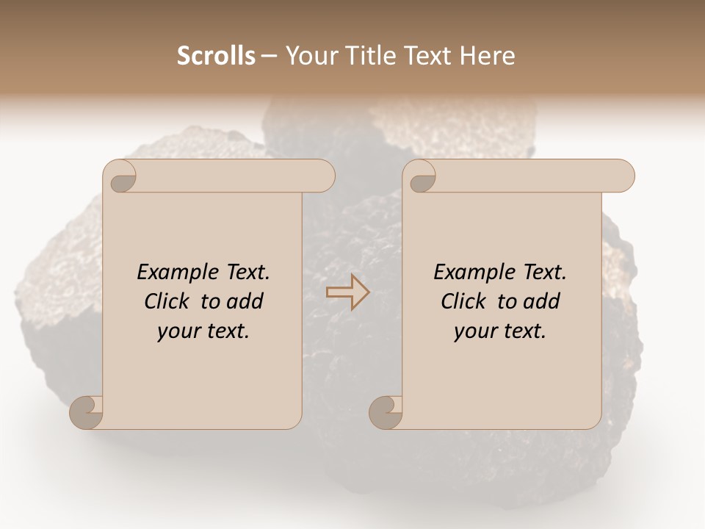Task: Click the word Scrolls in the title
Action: pyautogui.click(x=217, y=56)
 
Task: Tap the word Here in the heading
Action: pyautogui.click(x=488, y=56)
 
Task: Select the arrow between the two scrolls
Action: pyautogui.click(x=348, y=292)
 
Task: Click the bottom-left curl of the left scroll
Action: pyautogui.click(x=86, y=412)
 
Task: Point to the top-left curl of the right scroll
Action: pyautogui.click(x=421, y=177)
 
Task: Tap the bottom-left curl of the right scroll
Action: pyautogui.click(x=385, y=412)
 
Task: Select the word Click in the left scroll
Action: pyautogui.click(x=169, y=301)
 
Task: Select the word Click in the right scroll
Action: pyautogui.click(x=464, y=301)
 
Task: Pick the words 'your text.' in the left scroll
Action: pyautogui.click(x=203, y=331)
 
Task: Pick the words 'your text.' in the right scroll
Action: pyautogui.click(x=499, y=331)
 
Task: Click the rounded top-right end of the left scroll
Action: pyautogui.click(x=323, y=176)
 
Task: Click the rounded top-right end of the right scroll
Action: pyautogui.click(x=623, y=176)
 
